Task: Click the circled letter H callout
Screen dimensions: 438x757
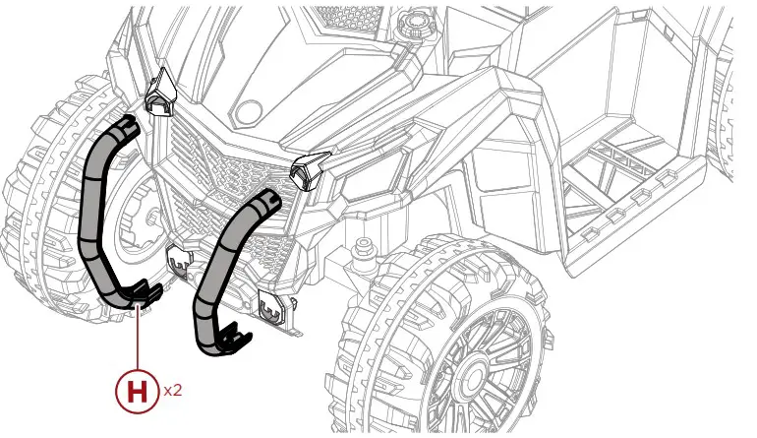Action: (139, 391)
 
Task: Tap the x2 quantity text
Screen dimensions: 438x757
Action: (173, 391)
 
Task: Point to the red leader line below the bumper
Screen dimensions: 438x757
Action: (139, 340)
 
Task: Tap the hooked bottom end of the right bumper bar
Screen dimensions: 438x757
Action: (228, 338)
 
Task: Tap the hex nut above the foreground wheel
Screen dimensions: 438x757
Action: (366, 243)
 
